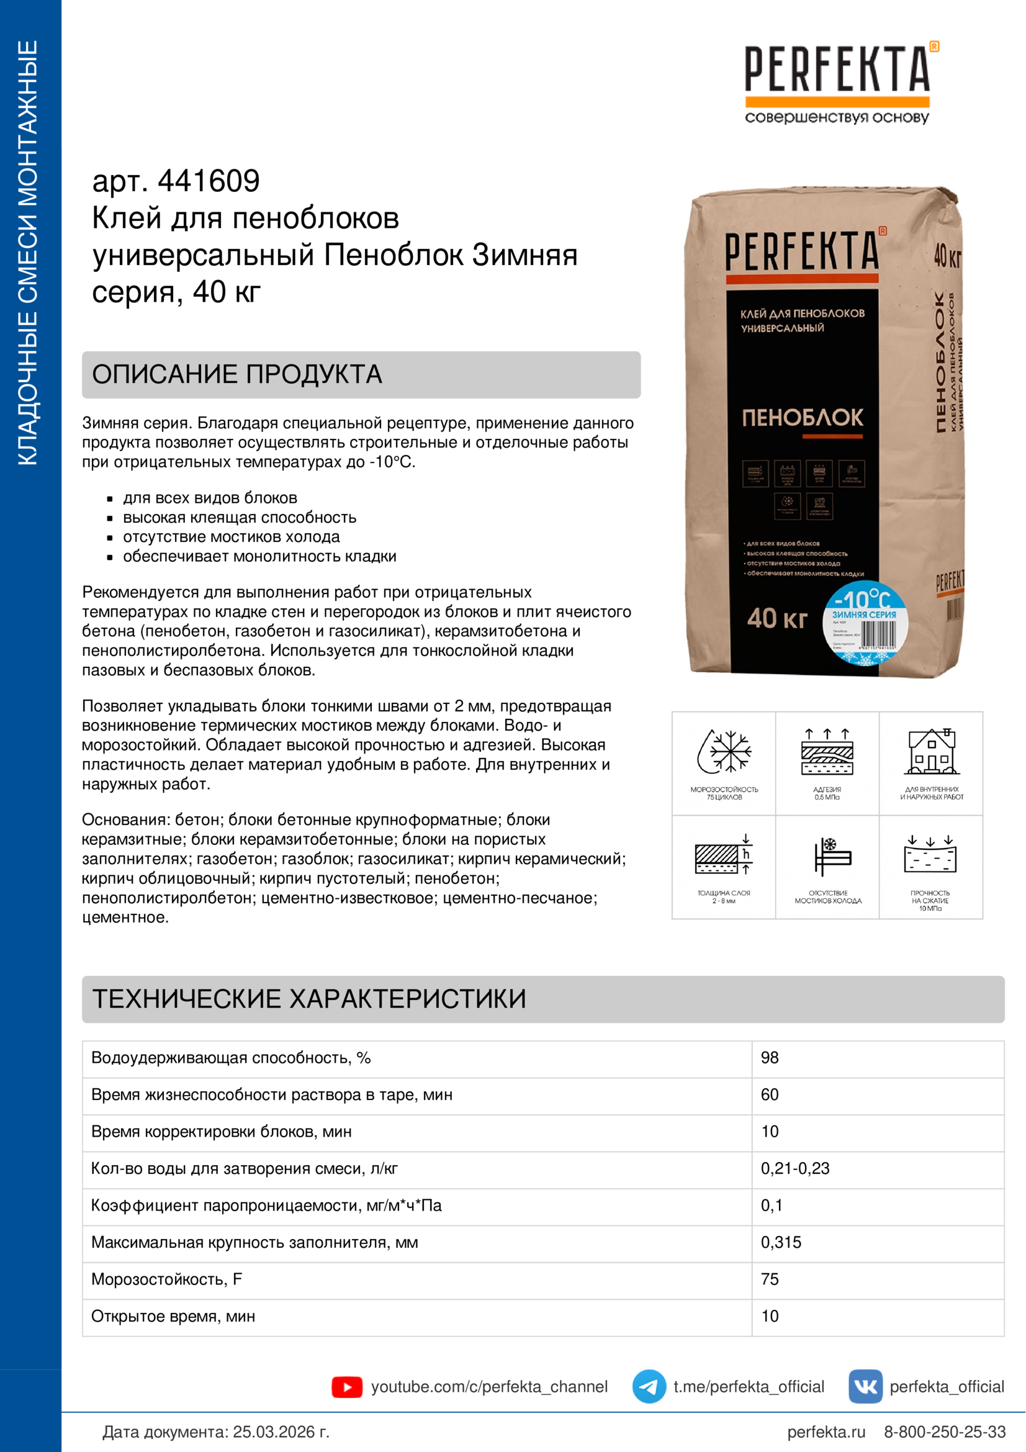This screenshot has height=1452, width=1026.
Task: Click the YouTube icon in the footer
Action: pyautogui.click(x=346, y=1386)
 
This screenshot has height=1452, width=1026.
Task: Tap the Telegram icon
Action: pyautogui.click(x=649, y=1386)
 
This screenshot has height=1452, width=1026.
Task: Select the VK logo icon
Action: pyautogui.click(x=865, y=1386)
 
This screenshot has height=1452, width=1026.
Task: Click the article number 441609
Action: pyautogui.click(x=209, y=181)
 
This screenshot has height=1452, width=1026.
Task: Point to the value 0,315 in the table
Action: pyautogui.click(x=781, y=1242)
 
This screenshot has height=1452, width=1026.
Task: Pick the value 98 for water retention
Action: pyautogui.click(x=769, y=1057)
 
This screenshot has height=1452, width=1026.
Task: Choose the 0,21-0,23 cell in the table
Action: pyautogui.click(x=794, y=1168)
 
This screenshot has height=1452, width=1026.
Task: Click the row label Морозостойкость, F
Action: pyautogui.click(x=167, y=1279)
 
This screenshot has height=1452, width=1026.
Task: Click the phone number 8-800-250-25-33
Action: pyautogui.click(x=945, y=1432)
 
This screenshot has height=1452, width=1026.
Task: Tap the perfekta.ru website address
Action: pyautogui.click(x=826, y=1432)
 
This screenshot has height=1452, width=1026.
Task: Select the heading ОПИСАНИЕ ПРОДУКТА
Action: pyautogui.click(x=237, y=374)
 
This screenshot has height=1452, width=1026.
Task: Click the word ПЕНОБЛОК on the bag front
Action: pyautogui.click(x=802, y=417)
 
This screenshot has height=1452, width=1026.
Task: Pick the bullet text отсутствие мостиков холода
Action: pyautogui.click(x=232, y=537)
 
